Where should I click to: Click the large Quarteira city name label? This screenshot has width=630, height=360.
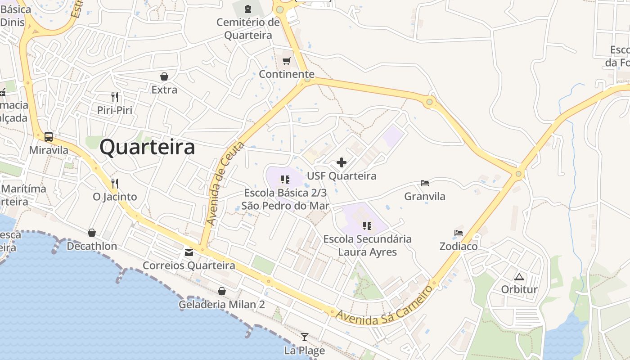click(x=147, y=147)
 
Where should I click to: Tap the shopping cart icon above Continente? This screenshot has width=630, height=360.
click(x=287, y=61)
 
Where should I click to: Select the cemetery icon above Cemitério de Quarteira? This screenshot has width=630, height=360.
click(x=247, y=9)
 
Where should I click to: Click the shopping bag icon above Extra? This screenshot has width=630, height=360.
click(x=164, y=76)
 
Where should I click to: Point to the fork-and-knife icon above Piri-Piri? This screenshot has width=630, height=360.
click(x=115, y=97)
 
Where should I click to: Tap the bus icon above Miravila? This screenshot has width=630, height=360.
click(x=49, y=137)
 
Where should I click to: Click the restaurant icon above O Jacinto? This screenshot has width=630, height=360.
click(x=115, y=183)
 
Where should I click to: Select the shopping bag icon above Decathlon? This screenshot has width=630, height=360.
click(x=92, y=233)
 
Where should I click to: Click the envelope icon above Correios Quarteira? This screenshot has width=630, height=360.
click(x=189, y=252)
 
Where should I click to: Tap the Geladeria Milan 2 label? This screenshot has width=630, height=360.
click(x=222, y=305)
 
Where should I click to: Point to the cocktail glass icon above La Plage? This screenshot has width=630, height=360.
click(x=305, y=337)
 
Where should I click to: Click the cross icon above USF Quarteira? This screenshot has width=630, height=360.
click(x=342, y=162)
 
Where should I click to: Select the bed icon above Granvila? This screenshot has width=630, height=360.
click(x=424, y=183)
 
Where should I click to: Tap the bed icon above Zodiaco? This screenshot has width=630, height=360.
click(x=459, y=233)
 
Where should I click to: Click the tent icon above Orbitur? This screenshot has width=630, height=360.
click(x=519, y=276)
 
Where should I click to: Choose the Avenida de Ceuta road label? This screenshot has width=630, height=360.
click(x=225, y=184)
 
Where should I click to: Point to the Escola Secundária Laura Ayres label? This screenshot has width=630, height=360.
click(x=367, y=245)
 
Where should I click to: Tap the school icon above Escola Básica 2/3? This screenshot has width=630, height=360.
click(x=285, y=180)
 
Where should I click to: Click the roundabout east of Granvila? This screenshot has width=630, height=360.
click(x=519, y=174)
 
